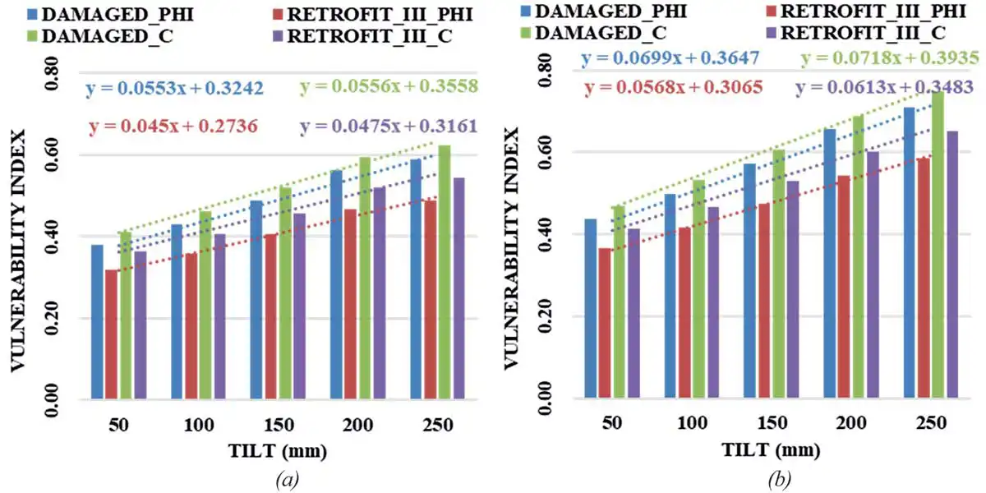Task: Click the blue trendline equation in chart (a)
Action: pos(174,87)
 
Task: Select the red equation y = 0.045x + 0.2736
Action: pos(171,127)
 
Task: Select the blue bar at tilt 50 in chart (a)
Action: pos(98,322)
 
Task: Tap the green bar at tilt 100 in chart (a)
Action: pos(205,305)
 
